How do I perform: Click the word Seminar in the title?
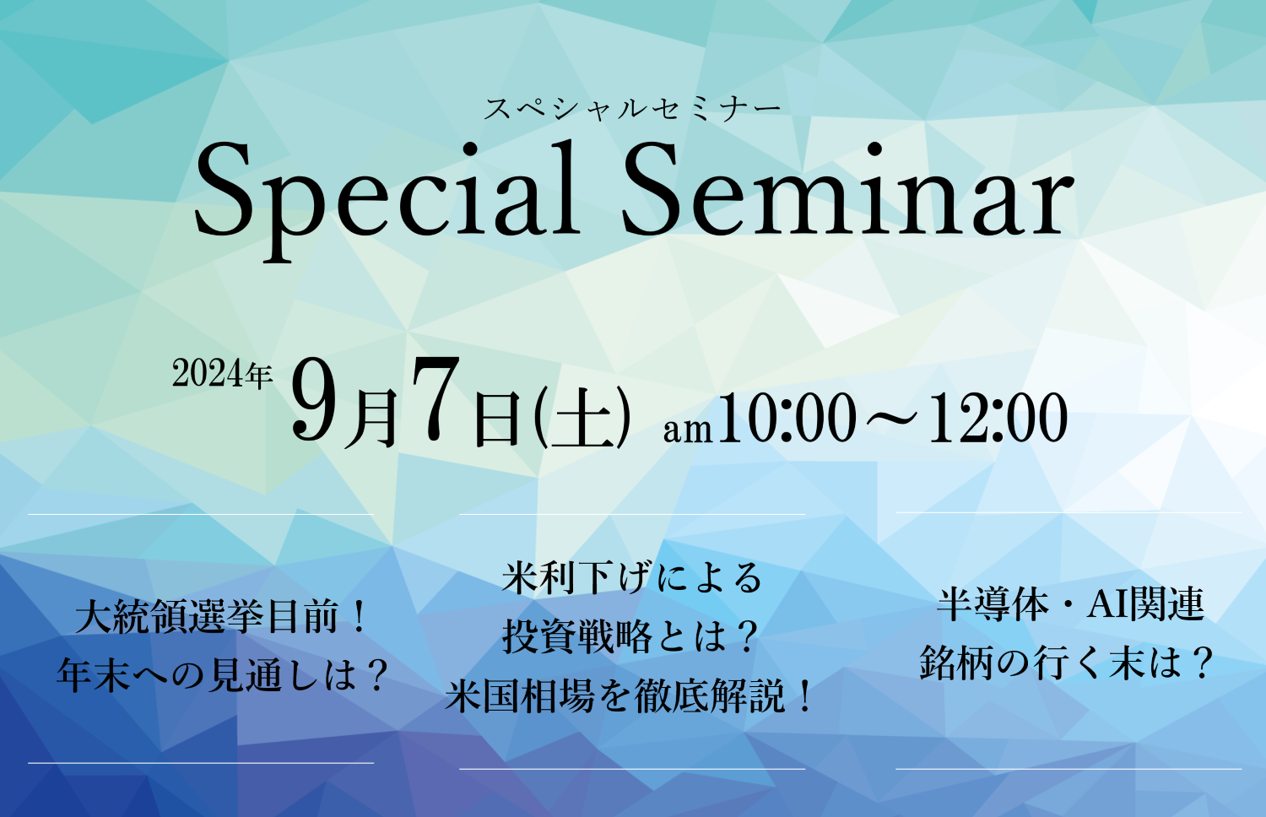(x=847, y=189)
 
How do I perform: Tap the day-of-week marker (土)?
(x=582, y=417)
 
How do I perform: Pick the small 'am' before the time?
(x=688, y=430)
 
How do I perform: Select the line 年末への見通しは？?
(x=222, y=675)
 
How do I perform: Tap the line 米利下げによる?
(x=632, y=578)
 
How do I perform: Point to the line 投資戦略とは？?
(x=630, y=636)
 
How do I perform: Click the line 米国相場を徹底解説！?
(x=629, y=696)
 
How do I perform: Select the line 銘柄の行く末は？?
(x=1068, y=663)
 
